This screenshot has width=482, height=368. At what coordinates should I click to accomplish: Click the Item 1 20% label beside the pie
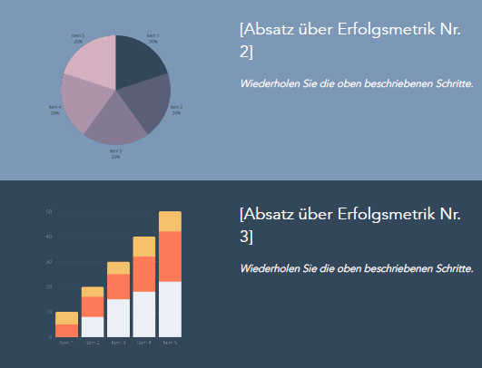(x=152, y=39)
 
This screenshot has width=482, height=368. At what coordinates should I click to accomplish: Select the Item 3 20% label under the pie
(x=115, y=153)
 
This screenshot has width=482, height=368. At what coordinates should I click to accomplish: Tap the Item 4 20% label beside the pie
(x=54, y=110)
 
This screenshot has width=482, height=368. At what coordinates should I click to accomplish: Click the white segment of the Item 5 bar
(x=170, y=309)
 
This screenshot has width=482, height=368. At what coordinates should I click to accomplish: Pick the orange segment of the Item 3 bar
(x=118, y=286)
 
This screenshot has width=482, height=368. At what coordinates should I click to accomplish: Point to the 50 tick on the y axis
(x=49, y=212)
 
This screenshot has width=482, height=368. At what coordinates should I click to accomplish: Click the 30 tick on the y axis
(x=49, y=262)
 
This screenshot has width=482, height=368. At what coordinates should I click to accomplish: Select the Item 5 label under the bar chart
(x=170, y=344)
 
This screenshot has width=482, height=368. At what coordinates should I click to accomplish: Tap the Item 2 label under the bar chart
(x=93, y=344)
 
